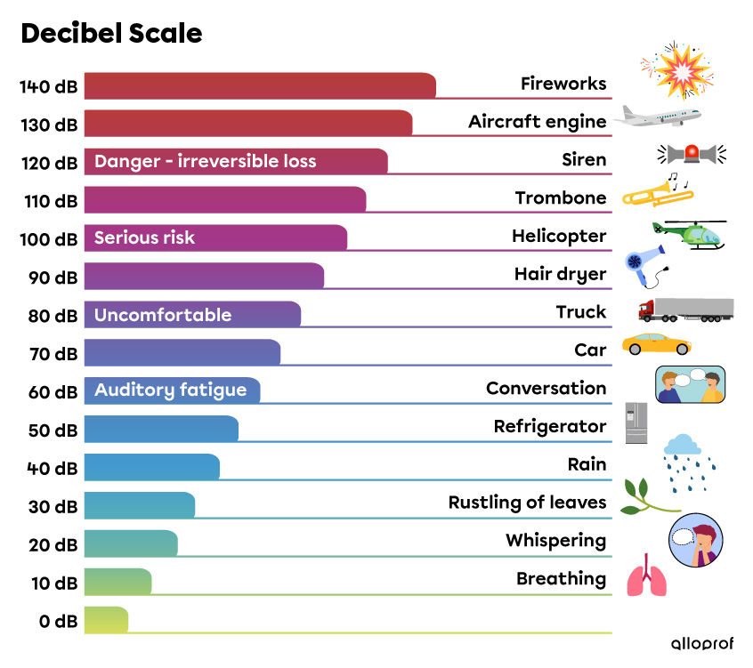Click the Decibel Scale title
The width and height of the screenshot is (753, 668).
click(x=111, y=33)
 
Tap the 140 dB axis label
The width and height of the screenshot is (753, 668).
click(x=48, y=87)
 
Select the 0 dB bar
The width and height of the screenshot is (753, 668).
click(x=106, y=620)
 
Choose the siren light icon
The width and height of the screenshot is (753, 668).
click(x=692, y=154)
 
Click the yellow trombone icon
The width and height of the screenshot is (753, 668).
click(x=657, y=191)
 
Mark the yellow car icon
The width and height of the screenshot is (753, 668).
click(x=656, y=343)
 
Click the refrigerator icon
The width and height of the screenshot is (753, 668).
click(x=636, y=423)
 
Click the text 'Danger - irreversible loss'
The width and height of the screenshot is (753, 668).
click(x=205, y=161)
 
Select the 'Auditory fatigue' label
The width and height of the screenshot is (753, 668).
click(x=170, y=390)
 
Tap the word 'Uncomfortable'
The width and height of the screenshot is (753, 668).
click(x=162, y=315)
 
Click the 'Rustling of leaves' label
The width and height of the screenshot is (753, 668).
click(x=527, y=503)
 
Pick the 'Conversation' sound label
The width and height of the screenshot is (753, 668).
click(x=546, y=388)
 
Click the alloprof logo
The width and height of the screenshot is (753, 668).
click(x=701, y=643)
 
